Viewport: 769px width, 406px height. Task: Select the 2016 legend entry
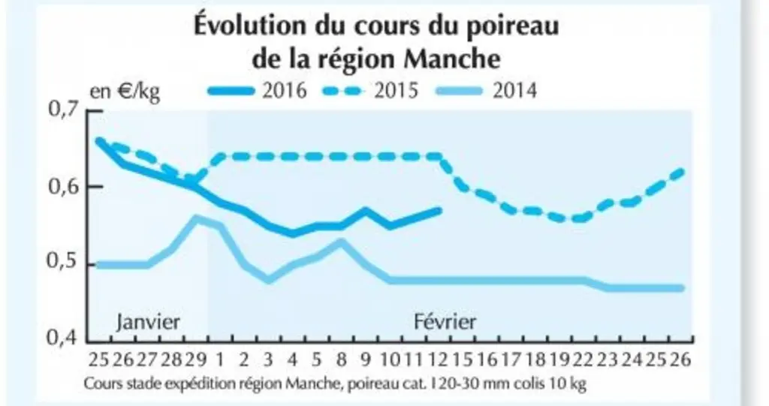[x=258, y=91]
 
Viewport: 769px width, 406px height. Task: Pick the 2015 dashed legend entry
[x=370, y=91]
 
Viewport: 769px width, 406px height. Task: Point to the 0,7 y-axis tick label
[x=64, y=108]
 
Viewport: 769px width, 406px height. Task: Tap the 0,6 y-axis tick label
[x=64, y=187]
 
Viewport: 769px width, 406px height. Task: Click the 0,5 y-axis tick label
[x=64, y=260]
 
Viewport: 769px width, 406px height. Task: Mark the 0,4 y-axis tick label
[x=64, y=338]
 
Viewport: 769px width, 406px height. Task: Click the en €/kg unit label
[x=125, y=92]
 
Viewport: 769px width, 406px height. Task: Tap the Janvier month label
[x=148, y=322]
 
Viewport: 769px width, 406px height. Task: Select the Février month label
[x=445, y=322]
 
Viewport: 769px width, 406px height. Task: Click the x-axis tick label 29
[x=195, y=359]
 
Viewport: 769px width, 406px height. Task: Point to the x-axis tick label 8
[x=341, y=359]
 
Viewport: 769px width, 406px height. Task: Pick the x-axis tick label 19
[x=559, y=359]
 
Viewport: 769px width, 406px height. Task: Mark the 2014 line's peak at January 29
[x=196, y=218]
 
